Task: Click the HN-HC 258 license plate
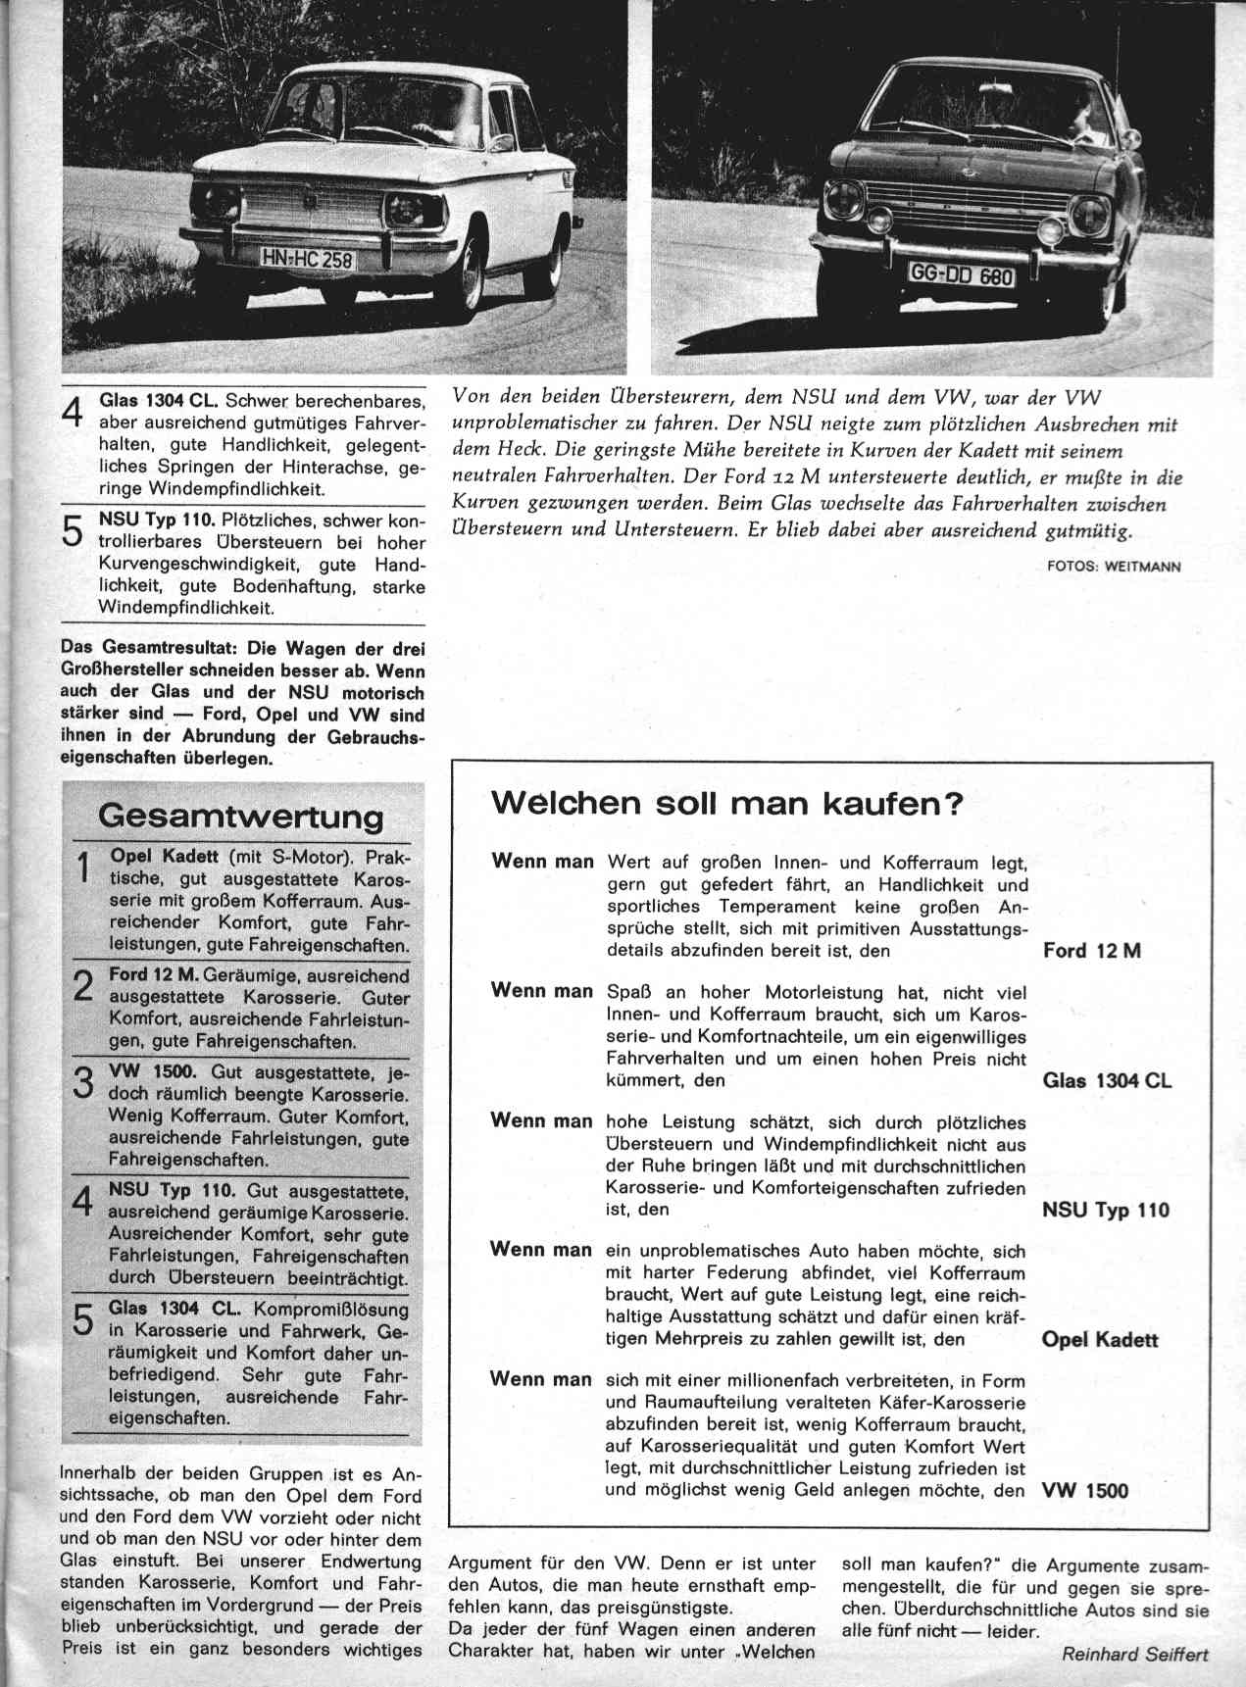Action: [307, 259]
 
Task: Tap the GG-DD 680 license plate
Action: [962, 275]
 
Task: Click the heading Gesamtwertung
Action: [241, 816]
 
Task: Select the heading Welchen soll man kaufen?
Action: [727, 804]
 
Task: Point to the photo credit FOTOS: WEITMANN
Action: [1115, 566]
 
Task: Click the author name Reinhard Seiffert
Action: [1135, 1654]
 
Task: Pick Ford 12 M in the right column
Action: [1092, 951]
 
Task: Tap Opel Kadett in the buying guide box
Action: [1100, 1339]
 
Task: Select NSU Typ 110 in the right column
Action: [1106, 1210]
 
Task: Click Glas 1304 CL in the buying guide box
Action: [1107, 1081]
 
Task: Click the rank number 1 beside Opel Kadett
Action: [83, 869]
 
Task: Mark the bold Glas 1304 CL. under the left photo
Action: [161, 402]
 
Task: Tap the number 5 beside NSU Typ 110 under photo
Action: [73, 530]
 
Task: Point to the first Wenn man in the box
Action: [542, 862]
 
